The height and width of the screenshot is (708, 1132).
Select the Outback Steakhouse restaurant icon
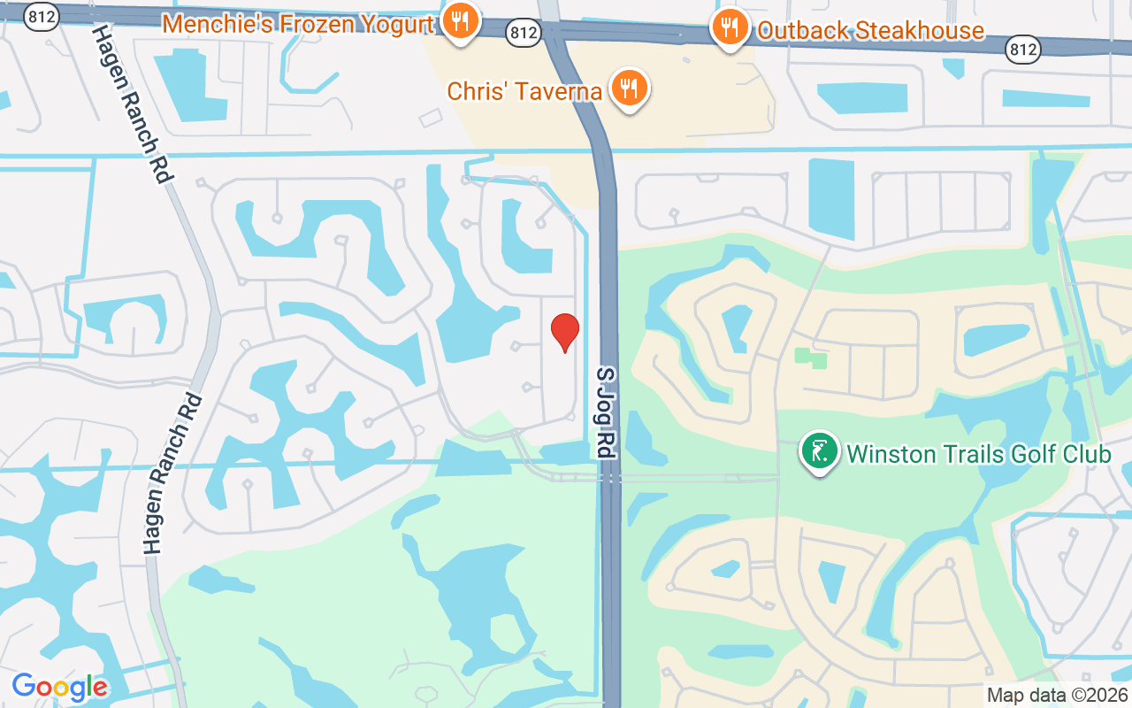(x=730, y=27)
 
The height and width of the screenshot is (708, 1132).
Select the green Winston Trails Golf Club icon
(x=820, y=450)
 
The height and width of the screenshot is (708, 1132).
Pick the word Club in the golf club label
(x=1085, y=455)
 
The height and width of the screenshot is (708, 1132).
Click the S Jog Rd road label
(x=606, y=412)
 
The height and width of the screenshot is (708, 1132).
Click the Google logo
(x=60, y=687)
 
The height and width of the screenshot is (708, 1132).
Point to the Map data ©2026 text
(x=1057, y=695)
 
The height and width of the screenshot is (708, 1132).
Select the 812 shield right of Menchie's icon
(x=524, y=33)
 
